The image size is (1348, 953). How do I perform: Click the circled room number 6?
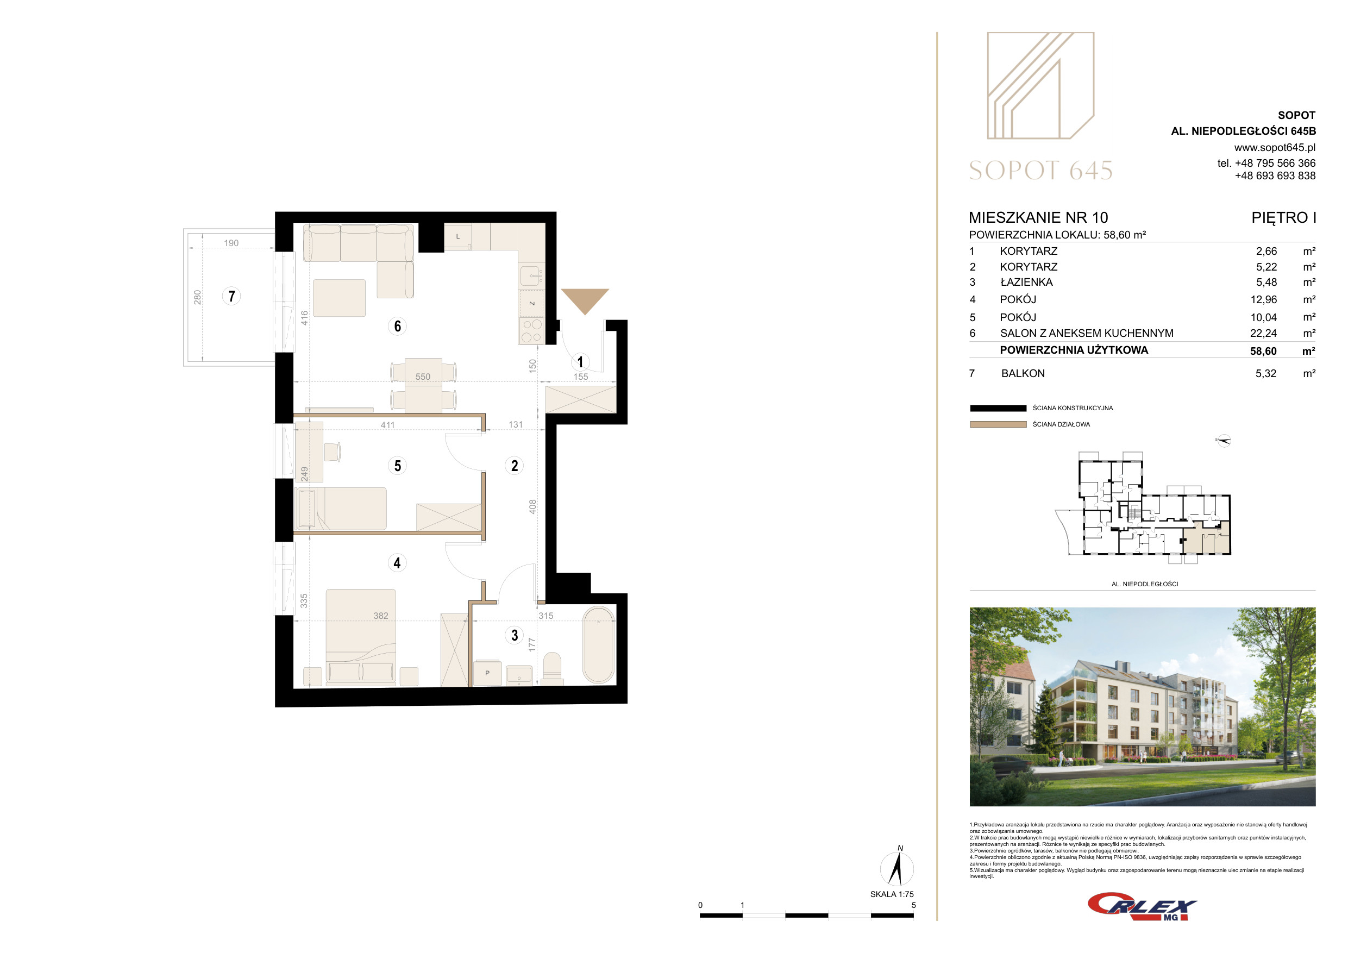398,326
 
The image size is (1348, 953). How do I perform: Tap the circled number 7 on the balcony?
231,296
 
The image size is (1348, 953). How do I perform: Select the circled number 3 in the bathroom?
515,635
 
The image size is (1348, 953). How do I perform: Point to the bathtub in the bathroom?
598,645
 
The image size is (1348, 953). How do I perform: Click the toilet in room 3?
552,669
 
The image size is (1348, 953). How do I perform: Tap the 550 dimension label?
423,377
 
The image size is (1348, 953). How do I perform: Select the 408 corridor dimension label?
532,506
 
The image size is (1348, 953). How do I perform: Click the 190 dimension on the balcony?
231,243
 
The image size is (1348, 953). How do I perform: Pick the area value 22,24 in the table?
1263,333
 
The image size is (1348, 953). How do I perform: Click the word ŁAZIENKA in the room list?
1026,282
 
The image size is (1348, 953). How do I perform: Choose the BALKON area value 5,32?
1266,373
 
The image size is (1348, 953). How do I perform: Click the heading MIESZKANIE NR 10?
1038,218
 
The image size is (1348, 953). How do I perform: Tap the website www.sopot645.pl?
1275,147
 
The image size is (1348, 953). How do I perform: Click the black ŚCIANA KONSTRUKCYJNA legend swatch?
998,408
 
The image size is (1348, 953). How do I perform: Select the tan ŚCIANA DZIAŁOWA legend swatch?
998,424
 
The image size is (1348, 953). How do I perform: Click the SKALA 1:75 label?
892,894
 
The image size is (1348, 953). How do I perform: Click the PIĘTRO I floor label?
1283,218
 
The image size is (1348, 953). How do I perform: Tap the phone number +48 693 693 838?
1275,175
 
